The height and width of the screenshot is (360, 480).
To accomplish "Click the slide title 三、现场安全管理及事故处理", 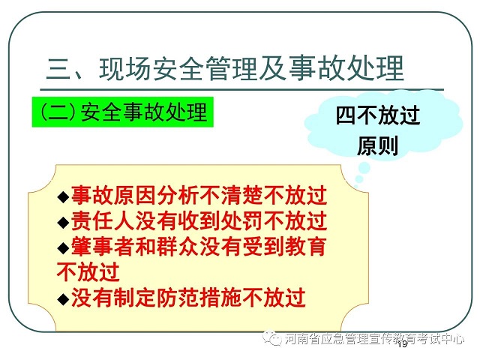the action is (x=225, y=68).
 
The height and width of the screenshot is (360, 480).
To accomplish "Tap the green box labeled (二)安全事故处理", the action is (x=123, y=112).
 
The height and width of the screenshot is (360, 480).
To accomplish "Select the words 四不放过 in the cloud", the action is (x=378, y=115).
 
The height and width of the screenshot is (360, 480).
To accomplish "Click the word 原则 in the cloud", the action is (x=378, y=146).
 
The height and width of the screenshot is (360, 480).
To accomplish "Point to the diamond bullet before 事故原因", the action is (x=63, y=196).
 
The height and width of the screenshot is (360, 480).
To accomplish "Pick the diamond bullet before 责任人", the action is (x=63, y=222).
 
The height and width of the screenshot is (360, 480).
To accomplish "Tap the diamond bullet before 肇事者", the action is (x=63, y=247).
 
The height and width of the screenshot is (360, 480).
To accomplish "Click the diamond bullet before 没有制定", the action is (x=63, y=298).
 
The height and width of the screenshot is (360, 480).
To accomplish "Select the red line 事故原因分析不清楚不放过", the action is (x=199, y=196).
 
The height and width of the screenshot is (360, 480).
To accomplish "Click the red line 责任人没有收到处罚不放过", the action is (x=199, y=221).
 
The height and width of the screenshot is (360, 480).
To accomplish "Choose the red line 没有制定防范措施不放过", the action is (x=188, y=298).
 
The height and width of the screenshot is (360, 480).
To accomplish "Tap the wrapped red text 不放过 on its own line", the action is (x=88, y=271).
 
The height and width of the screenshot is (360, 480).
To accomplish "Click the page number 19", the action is (x=403, y=344).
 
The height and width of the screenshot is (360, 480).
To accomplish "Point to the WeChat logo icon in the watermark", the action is (x=271, y=337).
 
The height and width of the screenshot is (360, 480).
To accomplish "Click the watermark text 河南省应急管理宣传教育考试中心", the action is (x=374, y=338).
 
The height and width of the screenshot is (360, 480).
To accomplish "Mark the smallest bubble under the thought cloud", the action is (x=355, y=186).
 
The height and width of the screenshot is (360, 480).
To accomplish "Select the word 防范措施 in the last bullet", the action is (x=199, y=298).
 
